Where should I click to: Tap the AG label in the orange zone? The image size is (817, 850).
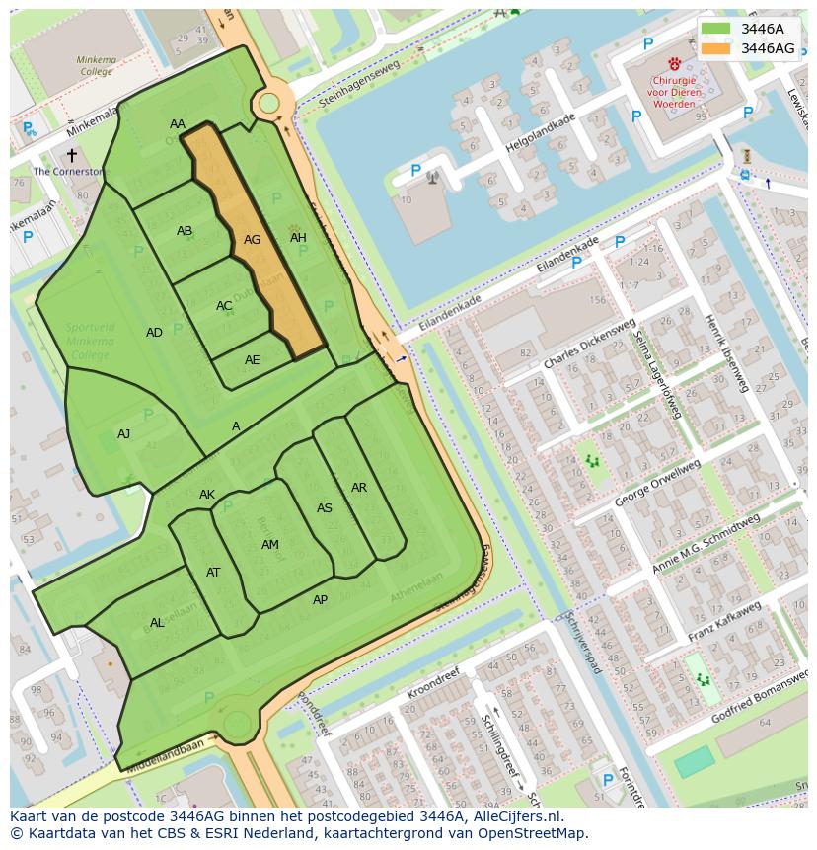253,240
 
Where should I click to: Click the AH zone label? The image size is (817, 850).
298,238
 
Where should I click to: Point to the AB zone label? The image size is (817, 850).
185,231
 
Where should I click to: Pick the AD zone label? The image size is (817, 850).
154,333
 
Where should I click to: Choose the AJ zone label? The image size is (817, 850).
123,434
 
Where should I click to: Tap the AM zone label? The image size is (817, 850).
270,545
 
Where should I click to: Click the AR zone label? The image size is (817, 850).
359,488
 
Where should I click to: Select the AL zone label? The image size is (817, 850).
157,623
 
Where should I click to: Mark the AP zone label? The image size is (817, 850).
320,600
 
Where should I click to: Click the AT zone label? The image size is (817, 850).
213,573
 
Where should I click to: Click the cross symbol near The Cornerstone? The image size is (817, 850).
71,155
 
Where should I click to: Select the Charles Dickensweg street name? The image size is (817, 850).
589,346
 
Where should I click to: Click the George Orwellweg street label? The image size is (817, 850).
656,484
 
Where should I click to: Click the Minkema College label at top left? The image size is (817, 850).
96,66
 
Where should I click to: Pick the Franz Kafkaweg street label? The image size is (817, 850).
725,621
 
